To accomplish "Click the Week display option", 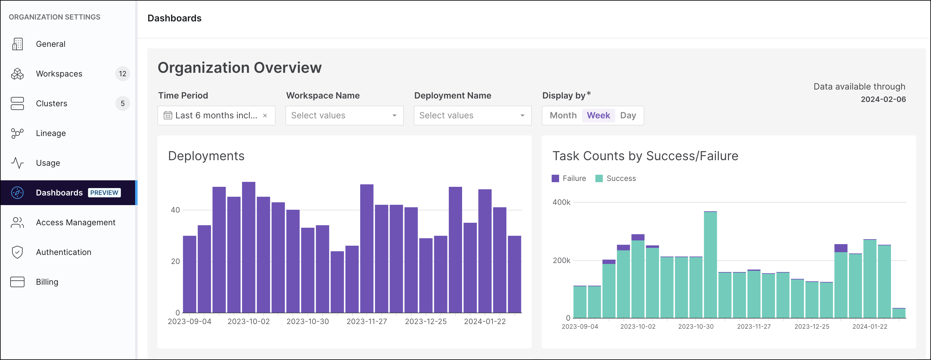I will coord(598,115).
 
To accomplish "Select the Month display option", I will coord(563,115).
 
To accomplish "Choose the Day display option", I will coord(628,115).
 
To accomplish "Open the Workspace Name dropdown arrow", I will coord(394,116).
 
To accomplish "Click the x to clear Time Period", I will coord(265,116).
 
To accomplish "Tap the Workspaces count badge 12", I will coord(122,74).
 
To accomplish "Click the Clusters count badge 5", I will coord(122,103).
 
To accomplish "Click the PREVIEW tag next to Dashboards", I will coord(104,193).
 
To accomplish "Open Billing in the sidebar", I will coord(47,282).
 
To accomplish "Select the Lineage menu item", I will coord(51,133).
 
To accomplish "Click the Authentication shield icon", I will coord(17,252).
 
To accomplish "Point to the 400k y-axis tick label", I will coord(561,202).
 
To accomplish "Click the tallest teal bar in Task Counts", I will coord(710,266).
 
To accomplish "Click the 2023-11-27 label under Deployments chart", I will coord(366,321).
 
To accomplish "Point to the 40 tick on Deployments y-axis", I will coord(175,210).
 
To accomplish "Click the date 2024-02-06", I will coord(883,99).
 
